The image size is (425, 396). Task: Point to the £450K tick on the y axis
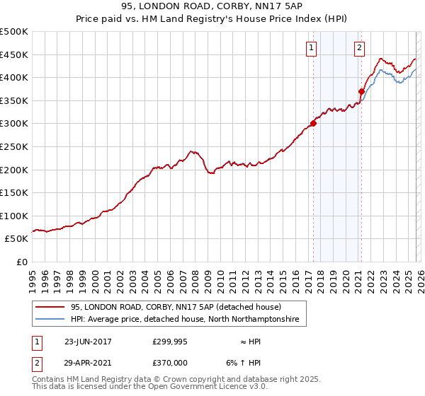tap(14, 54)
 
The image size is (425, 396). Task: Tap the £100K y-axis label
tap(14, 216)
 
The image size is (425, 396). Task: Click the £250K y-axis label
tap(14, 146)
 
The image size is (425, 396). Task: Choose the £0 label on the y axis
tap(21, 262)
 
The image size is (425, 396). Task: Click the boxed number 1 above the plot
tap(312, 48)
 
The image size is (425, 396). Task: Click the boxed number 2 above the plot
tap(359, 48)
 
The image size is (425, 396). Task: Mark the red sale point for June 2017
tap(313, 123)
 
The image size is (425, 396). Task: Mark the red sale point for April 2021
tap(361, 91)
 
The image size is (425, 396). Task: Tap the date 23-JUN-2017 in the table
tap(88, 341)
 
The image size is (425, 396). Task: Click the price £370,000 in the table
tap(170, 361)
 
